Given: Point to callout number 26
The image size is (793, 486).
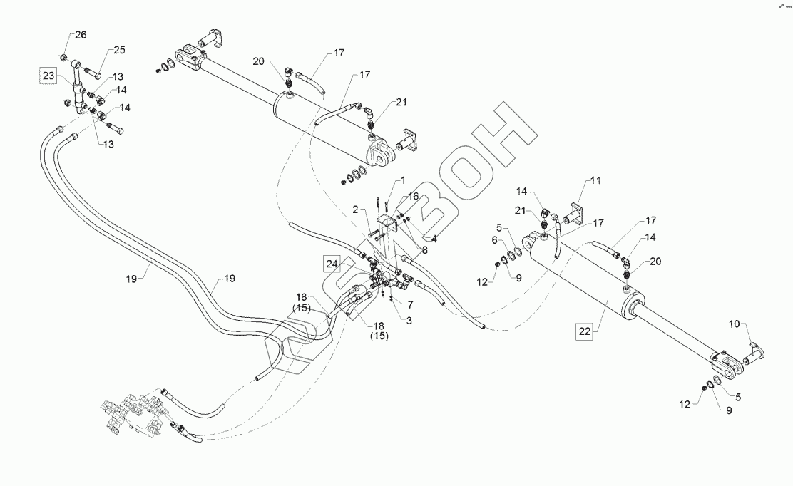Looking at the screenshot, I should point(81,35).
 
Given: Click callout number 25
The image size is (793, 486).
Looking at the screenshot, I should point(118,50).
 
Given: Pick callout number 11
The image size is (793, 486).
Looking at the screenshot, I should point(595,182).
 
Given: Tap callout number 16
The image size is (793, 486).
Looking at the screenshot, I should point(414,197).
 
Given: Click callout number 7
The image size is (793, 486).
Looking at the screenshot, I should point(410,304).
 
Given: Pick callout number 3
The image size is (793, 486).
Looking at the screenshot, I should point(409,321).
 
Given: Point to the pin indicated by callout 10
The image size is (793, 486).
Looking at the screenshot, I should point(754,351).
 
